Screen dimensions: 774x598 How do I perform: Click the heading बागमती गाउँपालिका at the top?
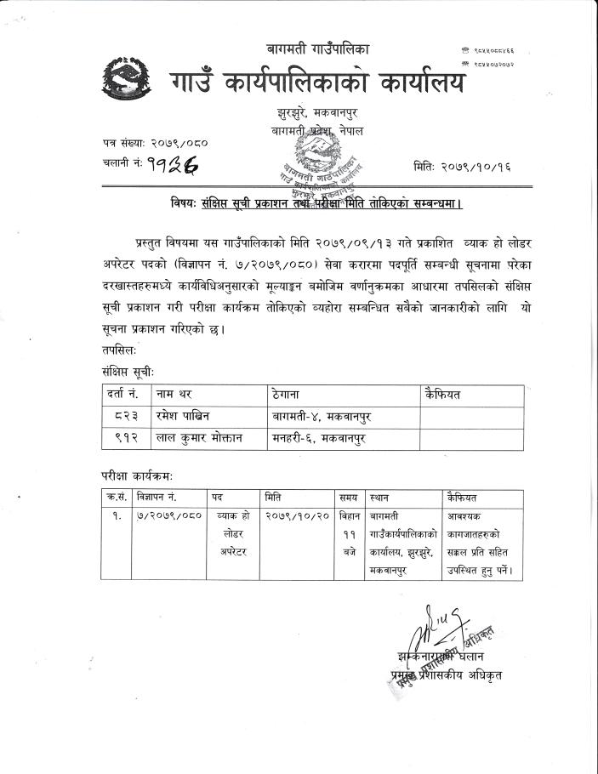coord(318,49)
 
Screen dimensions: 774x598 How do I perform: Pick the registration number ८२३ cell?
coord(122,416)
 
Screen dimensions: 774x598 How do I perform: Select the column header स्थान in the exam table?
coord(379,496)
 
